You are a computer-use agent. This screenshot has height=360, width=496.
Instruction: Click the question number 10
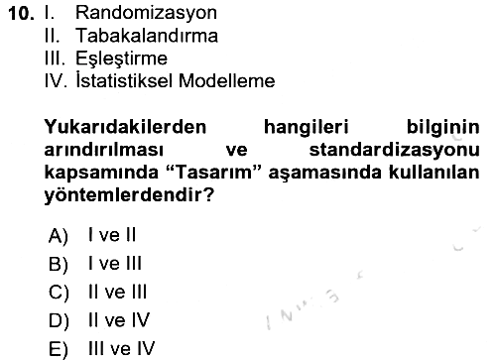click(21, 14)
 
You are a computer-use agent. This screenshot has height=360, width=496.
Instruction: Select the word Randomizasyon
click(146, 14)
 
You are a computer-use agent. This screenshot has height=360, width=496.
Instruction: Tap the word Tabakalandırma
click(147, 36)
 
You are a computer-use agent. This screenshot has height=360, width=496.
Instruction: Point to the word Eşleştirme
click(121, 59)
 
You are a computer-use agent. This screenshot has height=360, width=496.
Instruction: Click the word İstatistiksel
click(124, 80)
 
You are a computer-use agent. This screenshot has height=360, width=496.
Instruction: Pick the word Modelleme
click(227, 80)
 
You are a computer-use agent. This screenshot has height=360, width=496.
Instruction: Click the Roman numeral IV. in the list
click(56, 80)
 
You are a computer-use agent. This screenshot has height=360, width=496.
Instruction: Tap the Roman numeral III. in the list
click(55, 59)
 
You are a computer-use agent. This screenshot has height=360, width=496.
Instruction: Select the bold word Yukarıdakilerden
click(125, 127)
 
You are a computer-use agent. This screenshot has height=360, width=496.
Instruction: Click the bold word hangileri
click(307, 128)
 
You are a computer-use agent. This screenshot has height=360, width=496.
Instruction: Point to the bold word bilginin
click(443, 128)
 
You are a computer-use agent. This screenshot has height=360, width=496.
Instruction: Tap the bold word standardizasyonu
click(394, 151)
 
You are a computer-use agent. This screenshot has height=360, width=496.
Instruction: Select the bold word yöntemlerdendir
click(126, 195)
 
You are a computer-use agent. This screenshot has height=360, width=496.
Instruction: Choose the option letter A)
click(59, 236)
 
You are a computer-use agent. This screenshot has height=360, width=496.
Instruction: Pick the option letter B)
click(59, 264)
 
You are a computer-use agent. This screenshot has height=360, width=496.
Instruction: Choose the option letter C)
click(59, 293)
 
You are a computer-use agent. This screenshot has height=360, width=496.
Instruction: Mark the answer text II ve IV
click(119, 320)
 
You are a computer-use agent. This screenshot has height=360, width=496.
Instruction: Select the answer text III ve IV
click(121, 348)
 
